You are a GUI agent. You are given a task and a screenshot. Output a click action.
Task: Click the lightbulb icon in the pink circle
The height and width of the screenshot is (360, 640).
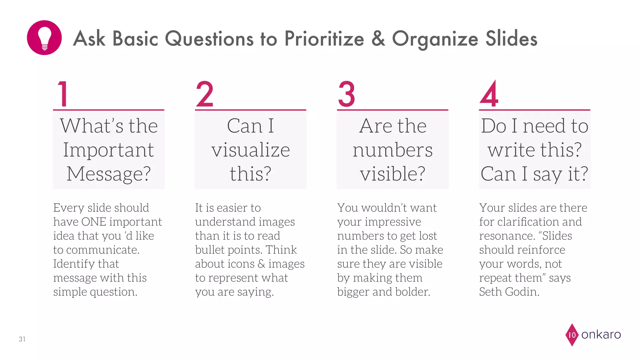tap(44, 38)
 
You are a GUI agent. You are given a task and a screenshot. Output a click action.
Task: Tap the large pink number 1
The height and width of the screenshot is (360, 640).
tap(63, 94)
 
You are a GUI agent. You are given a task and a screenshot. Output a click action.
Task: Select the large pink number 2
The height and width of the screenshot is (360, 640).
tap(205, 94)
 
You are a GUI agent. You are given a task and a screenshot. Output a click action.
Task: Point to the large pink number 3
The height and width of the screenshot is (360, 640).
tap(347, 94)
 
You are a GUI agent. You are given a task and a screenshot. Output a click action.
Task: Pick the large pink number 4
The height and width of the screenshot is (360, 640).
tap(489, 94)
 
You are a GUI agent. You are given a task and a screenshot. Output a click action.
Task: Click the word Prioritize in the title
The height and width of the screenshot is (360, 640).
tap(324, 39)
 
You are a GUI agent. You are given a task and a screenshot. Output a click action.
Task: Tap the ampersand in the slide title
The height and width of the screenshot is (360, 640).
tap(378, 39)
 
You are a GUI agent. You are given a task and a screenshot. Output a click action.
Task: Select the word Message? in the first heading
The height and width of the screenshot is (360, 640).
tap(109, 174)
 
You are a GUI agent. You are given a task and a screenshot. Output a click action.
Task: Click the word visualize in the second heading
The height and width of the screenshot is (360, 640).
tap(251, 150)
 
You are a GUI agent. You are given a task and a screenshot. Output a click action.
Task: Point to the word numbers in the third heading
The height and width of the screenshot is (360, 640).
tap(392, 150)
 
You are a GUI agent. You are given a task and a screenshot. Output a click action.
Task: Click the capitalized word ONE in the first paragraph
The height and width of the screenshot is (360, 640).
tap(94, 222)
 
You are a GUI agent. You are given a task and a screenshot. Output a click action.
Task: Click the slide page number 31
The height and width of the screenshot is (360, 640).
tap(22, 339)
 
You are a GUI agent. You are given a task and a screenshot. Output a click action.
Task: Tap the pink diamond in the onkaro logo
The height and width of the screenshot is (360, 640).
tap(572, 335)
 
